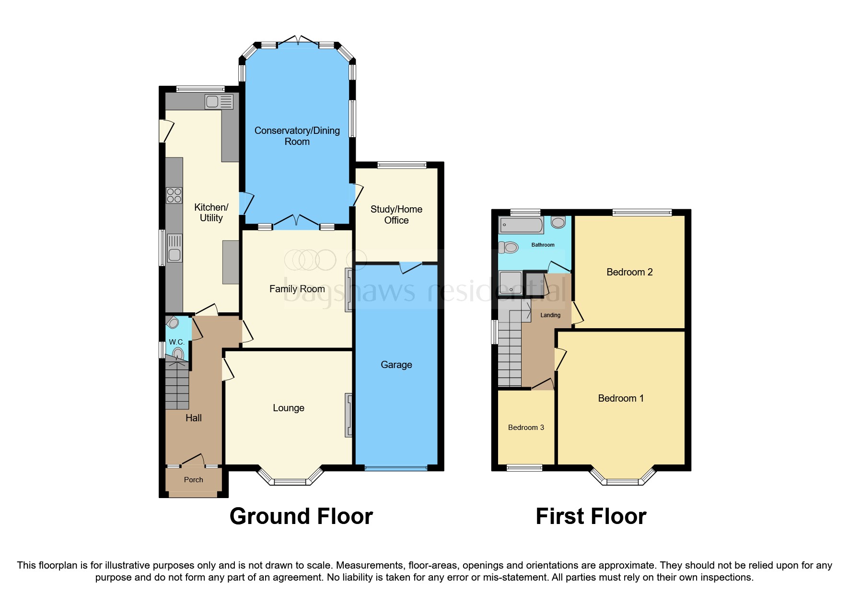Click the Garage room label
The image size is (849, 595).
point(396,365)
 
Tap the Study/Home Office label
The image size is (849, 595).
point(396,214)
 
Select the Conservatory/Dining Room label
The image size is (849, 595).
point(297,136)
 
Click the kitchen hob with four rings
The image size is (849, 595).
point(174,195)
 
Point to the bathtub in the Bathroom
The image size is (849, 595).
point(521,225)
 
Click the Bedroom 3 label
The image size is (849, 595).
point(526,428)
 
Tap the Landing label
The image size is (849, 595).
point(550,315)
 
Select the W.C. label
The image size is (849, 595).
point(176,342)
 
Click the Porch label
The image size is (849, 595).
point(193,480)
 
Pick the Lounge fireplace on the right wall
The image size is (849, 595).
point(349,415)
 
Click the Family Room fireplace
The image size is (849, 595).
point(349,290)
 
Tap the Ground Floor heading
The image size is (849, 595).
point(301,516)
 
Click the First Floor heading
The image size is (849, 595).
point(591,516)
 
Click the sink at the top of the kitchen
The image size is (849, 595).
point(219,102)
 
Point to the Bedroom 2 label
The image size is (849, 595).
point(629,272)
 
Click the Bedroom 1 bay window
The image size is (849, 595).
point(622,478)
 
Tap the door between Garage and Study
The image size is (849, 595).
point(410,267)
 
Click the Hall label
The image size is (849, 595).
point(193,418)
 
